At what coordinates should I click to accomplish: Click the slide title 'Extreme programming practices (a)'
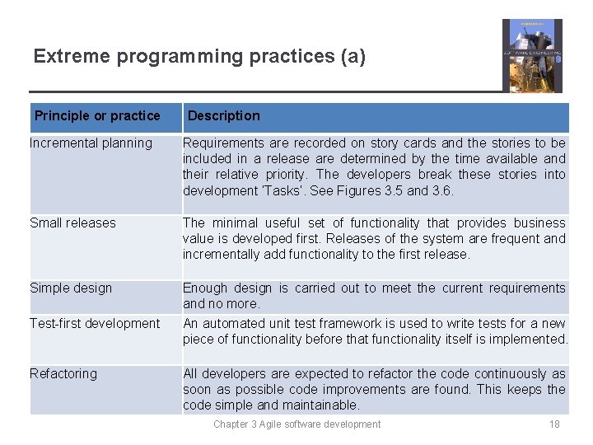199,57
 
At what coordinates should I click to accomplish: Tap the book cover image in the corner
532,55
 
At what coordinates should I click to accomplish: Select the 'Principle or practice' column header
97,116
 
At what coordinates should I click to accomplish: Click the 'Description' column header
223,116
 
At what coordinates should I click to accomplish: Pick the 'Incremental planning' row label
91,143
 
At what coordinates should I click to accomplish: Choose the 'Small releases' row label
72,222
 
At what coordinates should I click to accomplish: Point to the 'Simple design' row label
71,288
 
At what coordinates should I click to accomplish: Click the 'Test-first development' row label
95,323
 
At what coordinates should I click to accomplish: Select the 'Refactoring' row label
63,373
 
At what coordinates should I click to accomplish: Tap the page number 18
554,424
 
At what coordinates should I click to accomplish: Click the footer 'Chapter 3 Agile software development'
296,424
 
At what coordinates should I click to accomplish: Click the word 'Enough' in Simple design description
206,288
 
